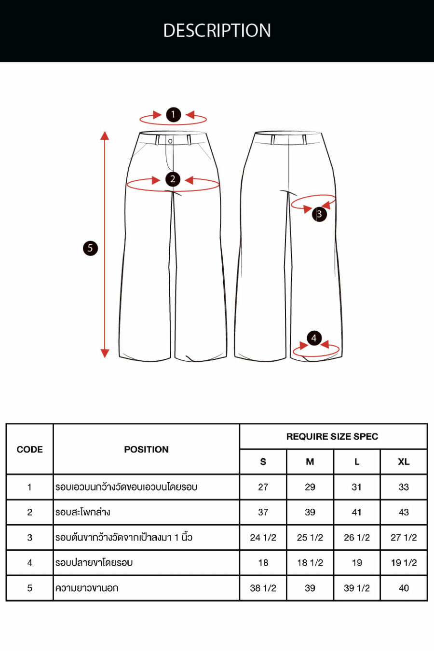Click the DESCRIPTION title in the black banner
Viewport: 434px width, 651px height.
coord(217,30)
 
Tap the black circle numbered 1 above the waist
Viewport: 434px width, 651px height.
coord(174,114)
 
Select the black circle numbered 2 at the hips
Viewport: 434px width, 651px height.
coord(173,179)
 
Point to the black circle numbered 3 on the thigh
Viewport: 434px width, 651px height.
coord(319,214)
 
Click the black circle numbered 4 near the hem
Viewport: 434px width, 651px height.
coord(314,338)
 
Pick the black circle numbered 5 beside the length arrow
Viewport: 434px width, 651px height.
coord(90,248)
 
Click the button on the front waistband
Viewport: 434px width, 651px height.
coord(170,141)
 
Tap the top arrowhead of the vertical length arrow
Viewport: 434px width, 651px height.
coord(105,136)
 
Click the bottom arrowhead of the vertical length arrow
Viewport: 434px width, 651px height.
coord(105,353)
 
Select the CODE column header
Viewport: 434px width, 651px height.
coord(29,449)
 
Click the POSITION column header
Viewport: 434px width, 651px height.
coord(147,449)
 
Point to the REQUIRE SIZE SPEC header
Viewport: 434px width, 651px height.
coord(332,436)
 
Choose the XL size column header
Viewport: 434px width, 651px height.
coord(404,462)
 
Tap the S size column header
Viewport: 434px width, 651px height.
coord(263,462)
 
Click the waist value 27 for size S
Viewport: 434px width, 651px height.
coord(263,487)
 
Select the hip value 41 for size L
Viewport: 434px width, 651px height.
coord(357,512)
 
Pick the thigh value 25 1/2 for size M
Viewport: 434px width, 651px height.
coord(310,537)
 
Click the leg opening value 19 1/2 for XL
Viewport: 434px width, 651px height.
coord(404,563)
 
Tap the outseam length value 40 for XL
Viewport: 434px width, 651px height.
coord(404,588)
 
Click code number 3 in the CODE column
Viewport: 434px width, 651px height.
coord(29,537)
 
